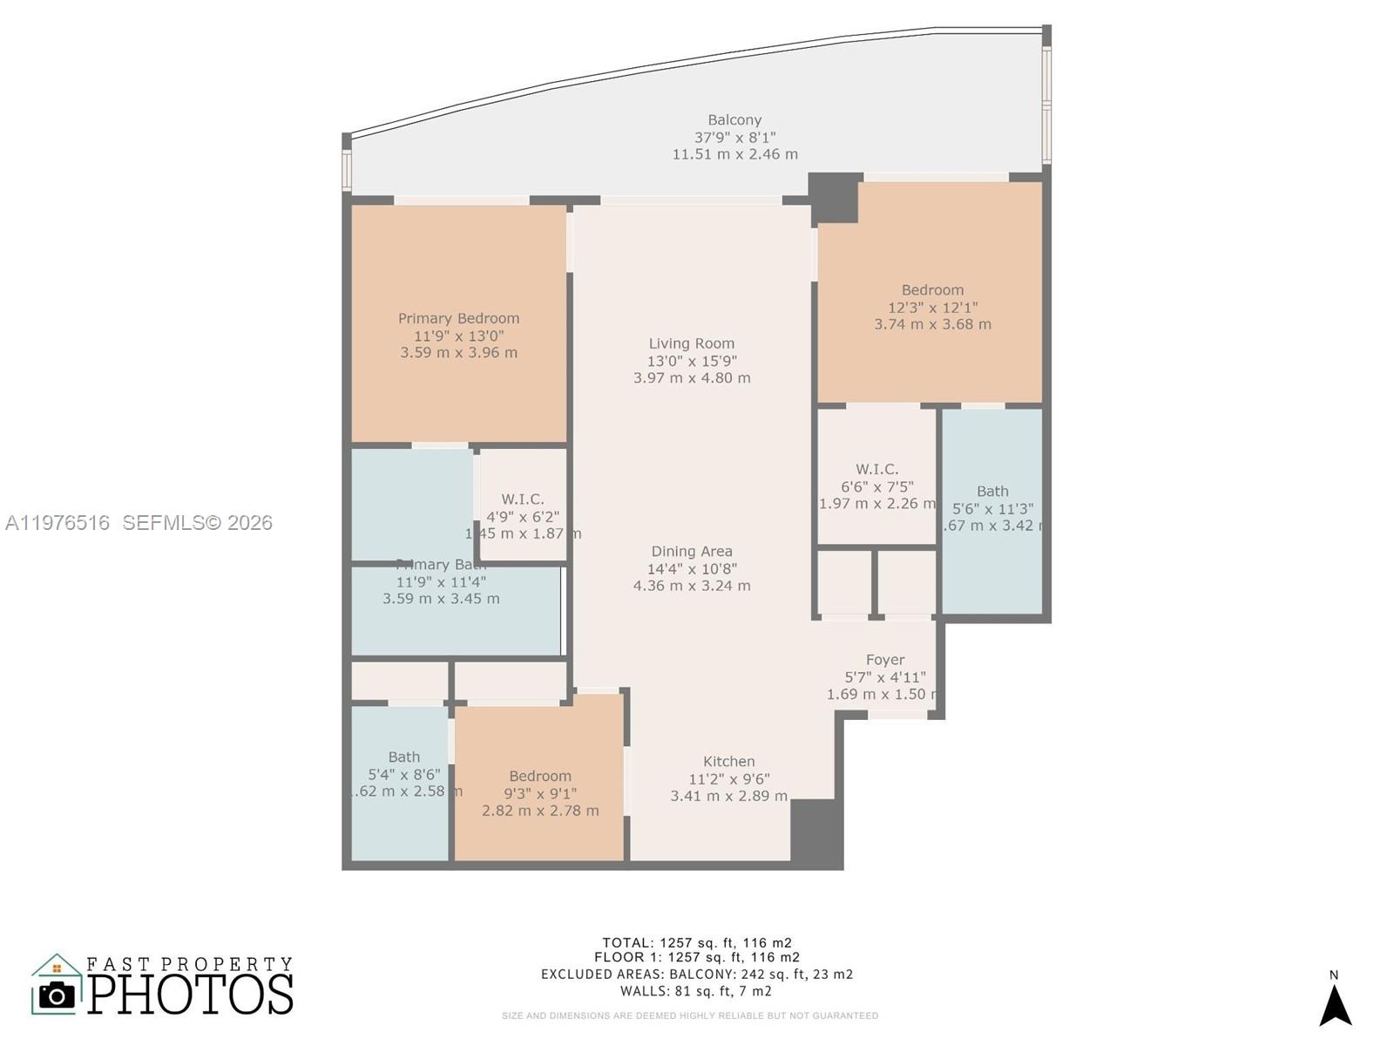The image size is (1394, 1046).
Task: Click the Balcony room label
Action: coord(734,120)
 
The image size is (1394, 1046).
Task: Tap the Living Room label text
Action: coord(691,343)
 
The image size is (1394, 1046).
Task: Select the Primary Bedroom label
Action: coord(458,318)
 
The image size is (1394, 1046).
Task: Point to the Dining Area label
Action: coord(691,551)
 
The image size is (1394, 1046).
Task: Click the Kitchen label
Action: coord(728,761)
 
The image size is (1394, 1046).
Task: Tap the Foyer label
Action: coord(884,660)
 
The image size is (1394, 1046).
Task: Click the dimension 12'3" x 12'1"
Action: coord(932,307)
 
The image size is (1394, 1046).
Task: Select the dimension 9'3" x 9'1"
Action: coord(540,793)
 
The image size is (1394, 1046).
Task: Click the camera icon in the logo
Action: coord(58,995)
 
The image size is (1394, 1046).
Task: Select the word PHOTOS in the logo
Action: coord(190,995)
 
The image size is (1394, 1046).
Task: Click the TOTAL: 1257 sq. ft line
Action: coord(697,942)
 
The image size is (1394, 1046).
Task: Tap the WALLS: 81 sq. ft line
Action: coord(695,991)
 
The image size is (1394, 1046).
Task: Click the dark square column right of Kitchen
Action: coord(816,832)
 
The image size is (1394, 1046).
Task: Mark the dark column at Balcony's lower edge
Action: coord(834,197)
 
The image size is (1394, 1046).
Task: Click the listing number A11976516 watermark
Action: coord(58,522)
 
